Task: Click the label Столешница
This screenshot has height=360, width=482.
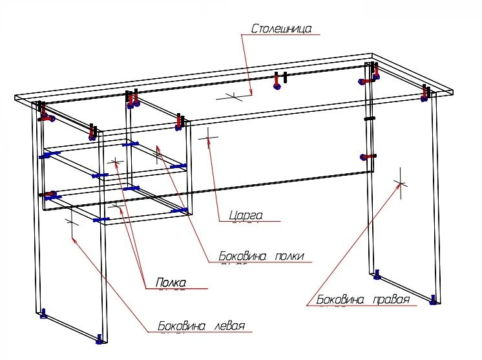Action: coord(281,29)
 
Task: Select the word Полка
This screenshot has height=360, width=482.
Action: coord(171,282)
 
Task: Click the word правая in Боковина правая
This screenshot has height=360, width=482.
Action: coord(392,300)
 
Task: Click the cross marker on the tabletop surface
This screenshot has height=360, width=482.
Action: coord(234,96)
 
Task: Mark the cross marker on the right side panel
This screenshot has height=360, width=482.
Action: coord(401,183)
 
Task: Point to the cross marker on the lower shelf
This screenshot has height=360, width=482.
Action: coord(117,206)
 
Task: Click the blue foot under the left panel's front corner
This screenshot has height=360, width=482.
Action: coord(100,339)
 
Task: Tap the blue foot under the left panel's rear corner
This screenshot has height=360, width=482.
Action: coord(43,314)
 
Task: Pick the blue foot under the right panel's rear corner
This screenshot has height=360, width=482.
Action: coord(377,277)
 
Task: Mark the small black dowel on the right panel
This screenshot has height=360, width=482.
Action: coord(369,119)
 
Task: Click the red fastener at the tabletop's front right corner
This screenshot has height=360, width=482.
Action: coord(426,93)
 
